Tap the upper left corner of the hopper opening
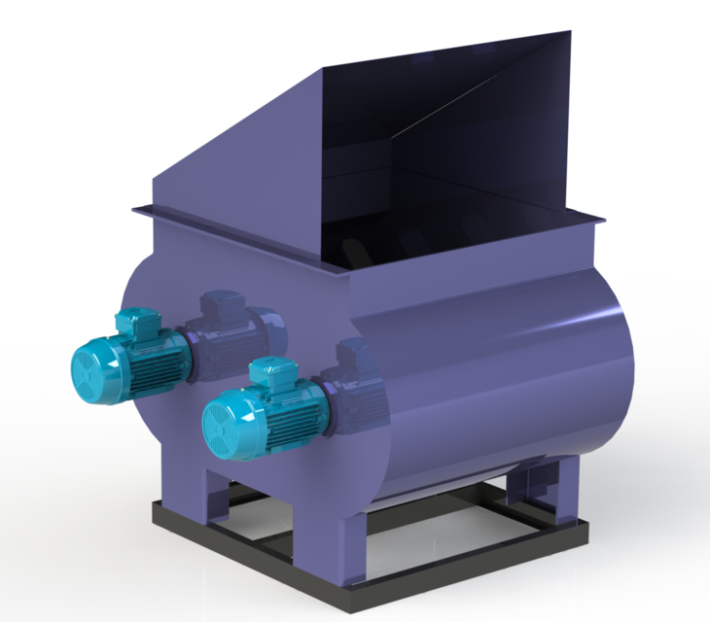pos(322,70)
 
